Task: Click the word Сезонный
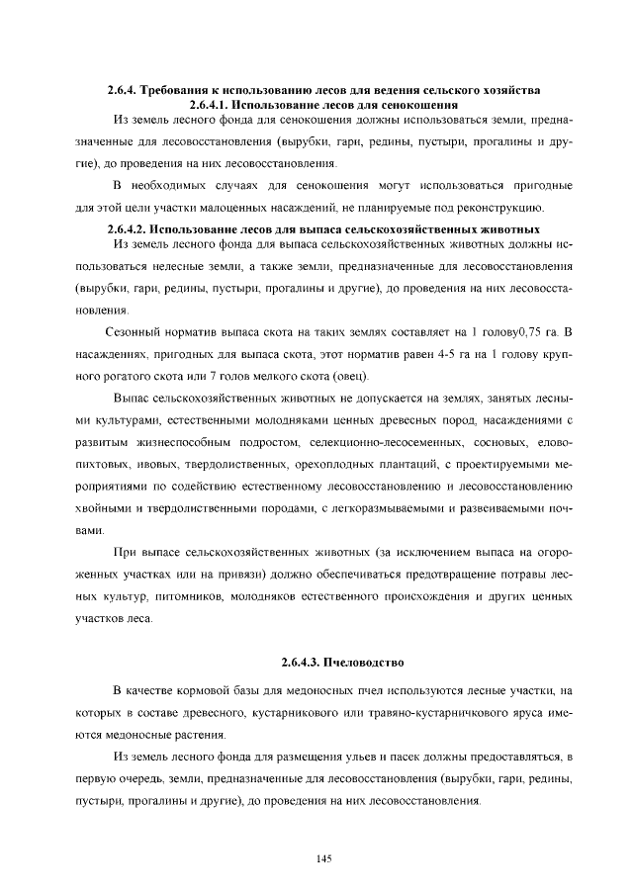(x=133, y=331)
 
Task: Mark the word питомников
(x=190, y=598)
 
